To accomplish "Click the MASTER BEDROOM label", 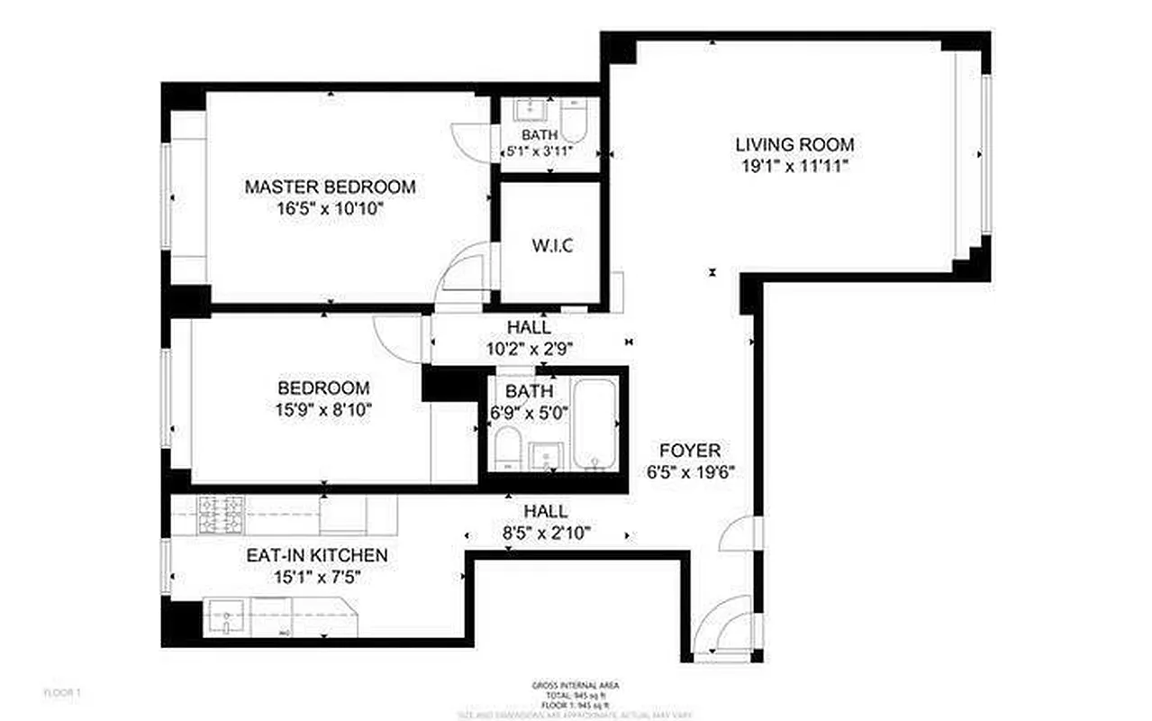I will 330,187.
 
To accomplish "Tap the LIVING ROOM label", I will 794,144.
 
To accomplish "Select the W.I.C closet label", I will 551,245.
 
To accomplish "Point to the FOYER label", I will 690,451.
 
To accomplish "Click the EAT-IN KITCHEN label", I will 317,555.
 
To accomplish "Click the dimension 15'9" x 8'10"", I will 323,410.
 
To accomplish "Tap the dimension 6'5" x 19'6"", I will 690,472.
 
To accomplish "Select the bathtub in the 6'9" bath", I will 594,424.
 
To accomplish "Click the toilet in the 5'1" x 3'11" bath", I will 574,116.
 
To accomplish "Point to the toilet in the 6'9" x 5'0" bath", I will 507,451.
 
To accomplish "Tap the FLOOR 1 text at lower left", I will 63,692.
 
